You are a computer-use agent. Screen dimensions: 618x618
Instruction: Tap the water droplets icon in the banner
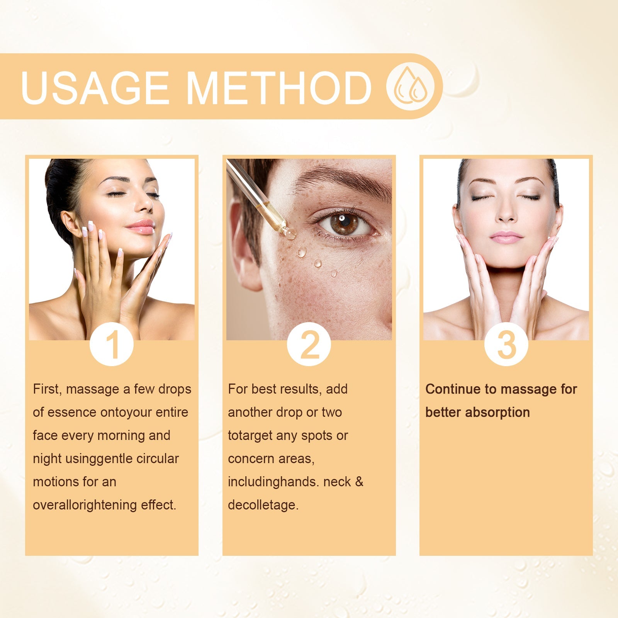click(411, 87)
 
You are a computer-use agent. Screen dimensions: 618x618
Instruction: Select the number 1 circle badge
click(112, 344)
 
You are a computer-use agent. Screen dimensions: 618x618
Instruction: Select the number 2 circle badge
click(309, 344)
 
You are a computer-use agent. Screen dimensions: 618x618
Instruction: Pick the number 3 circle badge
click(506, 344)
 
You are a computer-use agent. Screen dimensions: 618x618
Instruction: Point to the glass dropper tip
click(289, 233)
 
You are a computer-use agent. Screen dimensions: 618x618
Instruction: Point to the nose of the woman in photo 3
click(506, 214)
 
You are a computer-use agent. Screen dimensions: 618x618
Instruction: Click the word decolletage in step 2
click(263, 505)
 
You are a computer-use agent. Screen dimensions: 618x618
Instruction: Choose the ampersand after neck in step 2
click(359, 482)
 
